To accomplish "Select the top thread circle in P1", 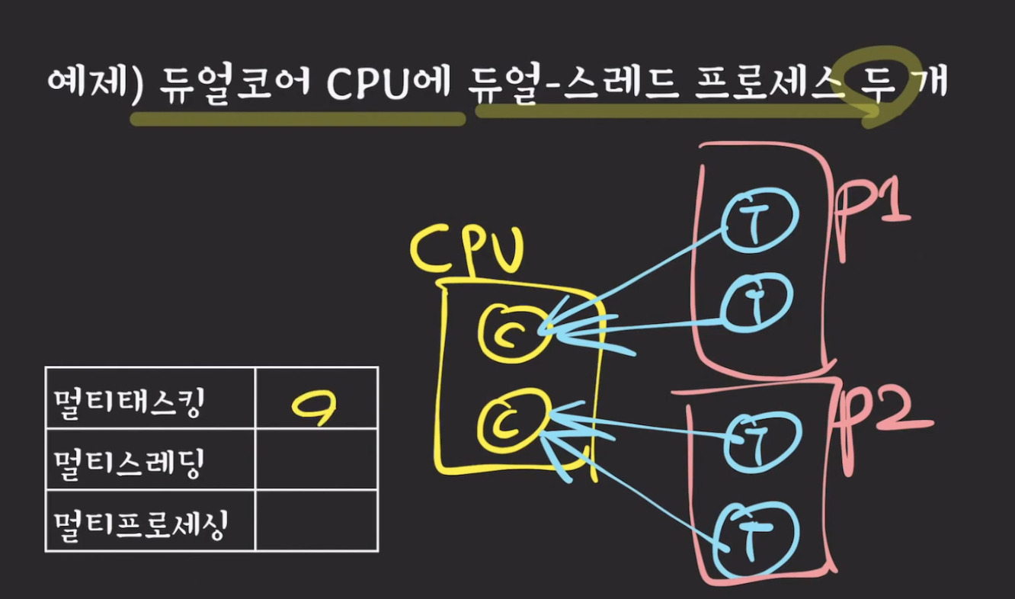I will tap(758, 222).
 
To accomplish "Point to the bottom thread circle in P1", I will tap(757, 303).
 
